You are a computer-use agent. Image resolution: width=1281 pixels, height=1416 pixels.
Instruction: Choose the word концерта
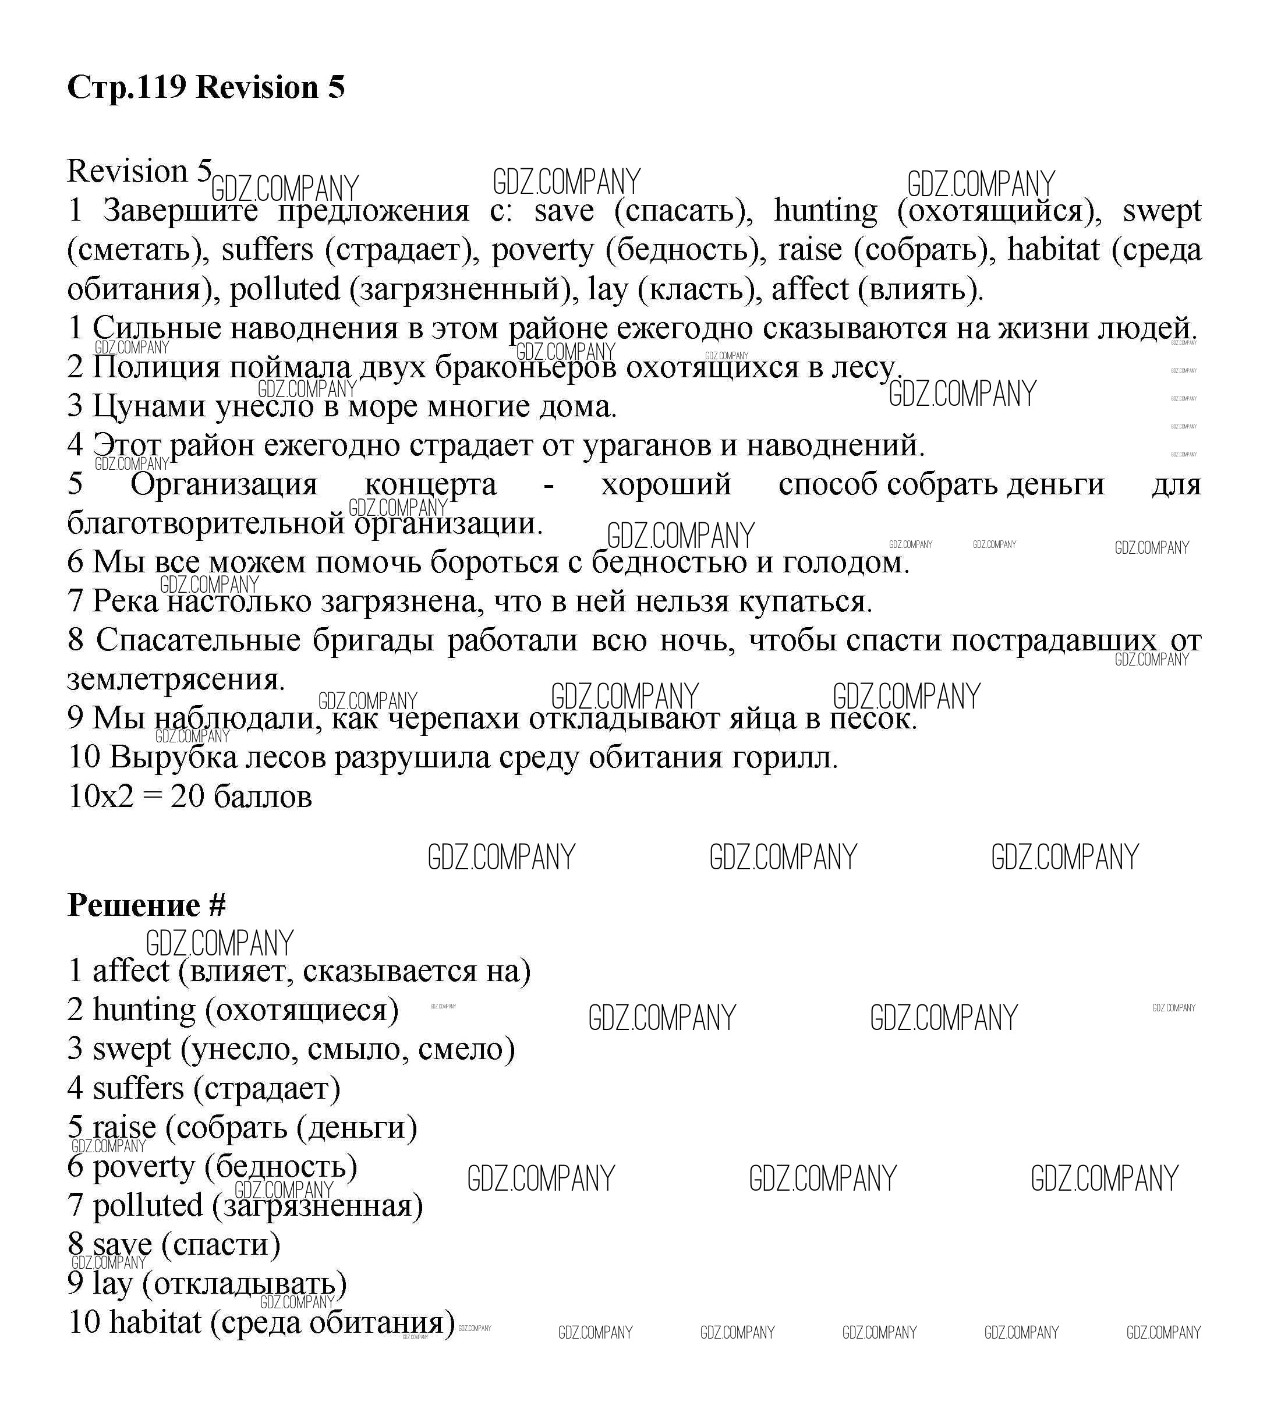[x=430, y=484]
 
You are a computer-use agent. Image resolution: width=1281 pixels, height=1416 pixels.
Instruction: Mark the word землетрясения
[x=176, y=680]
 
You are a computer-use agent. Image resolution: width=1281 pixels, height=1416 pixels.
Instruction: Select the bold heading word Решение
[x=134, y=905]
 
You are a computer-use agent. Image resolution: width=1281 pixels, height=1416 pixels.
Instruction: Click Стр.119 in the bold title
[x=127, y=87]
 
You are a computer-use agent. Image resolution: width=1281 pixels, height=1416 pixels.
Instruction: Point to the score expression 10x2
[x=100, y=797]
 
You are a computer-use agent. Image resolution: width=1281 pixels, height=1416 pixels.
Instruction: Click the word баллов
[x=262, y=797]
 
